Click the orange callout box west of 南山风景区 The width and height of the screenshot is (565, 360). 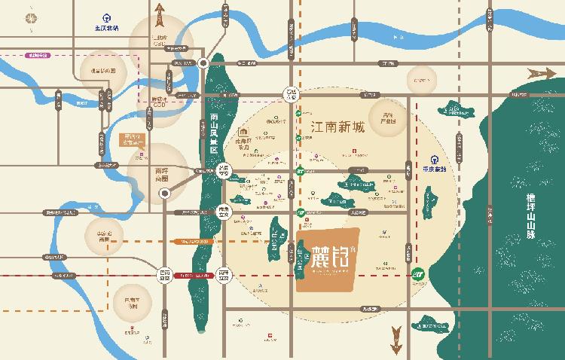coord(133,142)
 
